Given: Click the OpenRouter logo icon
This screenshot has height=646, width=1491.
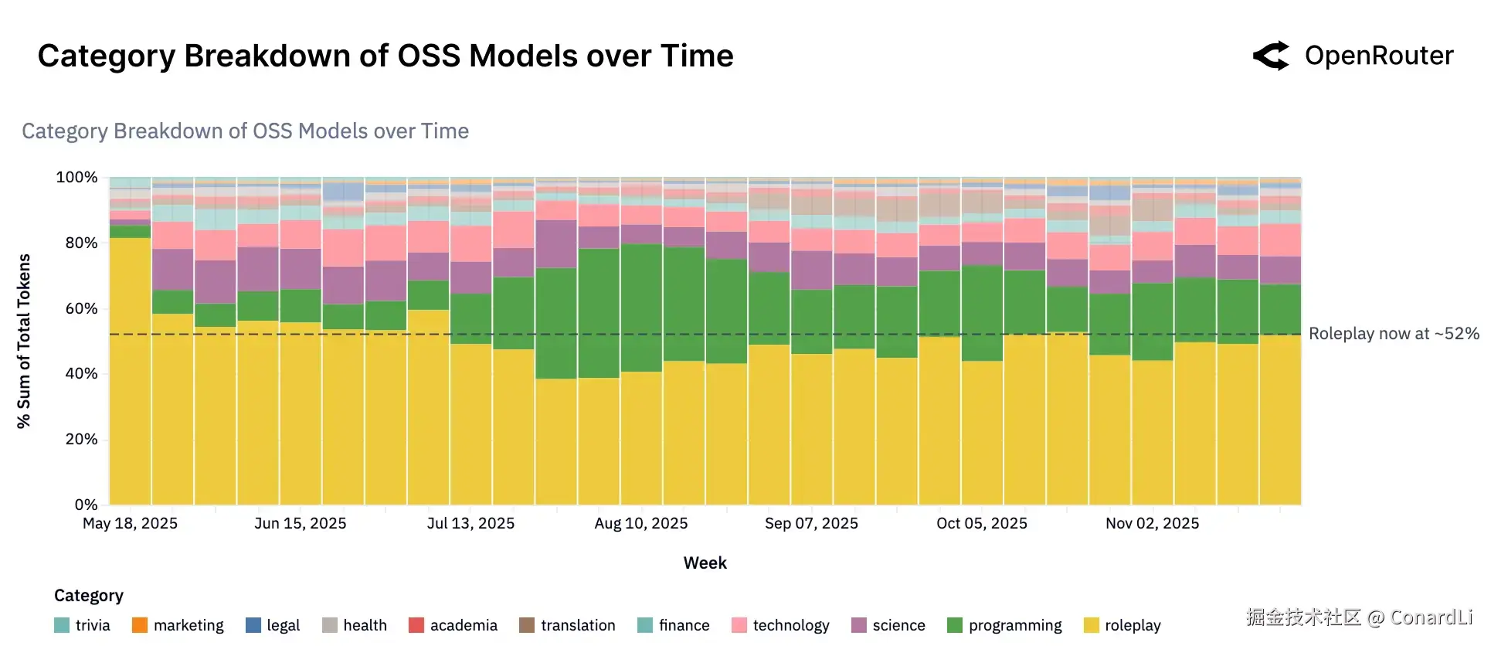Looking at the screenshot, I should tap(1271, 56).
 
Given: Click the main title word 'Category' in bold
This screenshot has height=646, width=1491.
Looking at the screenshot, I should tap(107, 56).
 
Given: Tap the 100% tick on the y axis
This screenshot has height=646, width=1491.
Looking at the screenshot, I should tap(76, 178).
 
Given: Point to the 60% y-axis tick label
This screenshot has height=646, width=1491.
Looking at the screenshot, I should tap(81, 309).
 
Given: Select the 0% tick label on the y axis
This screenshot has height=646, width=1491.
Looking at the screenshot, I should tap(86, 505).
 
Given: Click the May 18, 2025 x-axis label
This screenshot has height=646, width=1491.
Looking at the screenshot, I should tap(130, 524).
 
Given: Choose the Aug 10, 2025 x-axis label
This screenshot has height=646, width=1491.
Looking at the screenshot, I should tap(641, 524).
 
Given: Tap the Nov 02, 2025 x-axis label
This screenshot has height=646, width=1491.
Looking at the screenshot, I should tap(1152, 524).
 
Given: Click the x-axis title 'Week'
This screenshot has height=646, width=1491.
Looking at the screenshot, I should tap(705, 563).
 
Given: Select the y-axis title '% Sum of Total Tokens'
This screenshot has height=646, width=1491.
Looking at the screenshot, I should tap(24, 341).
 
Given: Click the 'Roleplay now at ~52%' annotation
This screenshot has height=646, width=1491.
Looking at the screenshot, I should tap(1394, 334).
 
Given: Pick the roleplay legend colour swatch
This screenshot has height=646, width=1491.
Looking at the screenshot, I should tap(1092, 625).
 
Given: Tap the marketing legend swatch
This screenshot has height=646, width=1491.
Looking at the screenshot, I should tap(140, 625).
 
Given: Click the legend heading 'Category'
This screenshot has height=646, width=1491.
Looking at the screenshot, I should tap(89, 596).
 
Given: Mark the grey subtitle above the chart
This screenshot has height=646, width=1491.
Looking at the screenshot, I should tap(245, 131).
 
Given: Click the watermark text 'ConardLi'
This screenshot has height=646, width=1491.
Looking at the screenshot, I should tap(1432, 617).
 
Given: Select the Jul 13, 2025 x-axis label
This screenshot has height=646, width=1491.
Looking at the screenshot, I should tap(470, 524).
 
